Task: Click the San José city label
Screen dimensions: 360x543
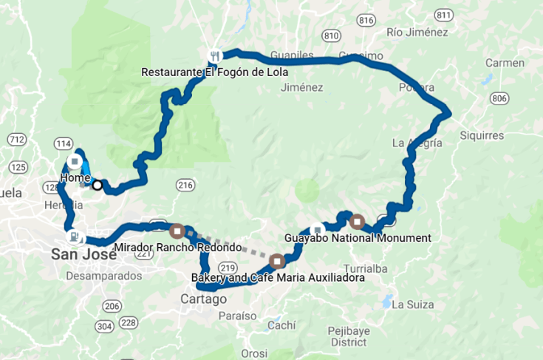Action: click(83, 255)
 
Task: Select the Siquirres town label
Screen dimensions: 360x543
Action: click(481, 135)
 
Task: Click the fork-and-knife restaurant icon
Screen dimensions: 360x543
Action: click(214, 55)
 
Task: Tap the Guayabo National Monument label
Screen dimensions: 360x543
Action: click(357, 238)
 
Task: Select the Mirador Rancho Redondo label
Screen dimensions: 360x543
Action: click(179, 246)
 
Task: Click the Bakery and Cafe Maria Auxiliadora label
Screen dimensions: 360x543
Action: click(277, 278)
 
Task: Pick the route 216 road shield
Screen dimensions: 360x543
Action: click(185, 185)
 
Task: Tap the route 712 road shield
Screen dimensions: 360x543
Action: click(16, 139)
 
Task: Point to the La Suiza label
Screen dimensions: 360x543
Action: click(411, 304)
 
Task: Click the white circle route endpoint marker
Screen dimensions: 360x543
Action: click(97, 185)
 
